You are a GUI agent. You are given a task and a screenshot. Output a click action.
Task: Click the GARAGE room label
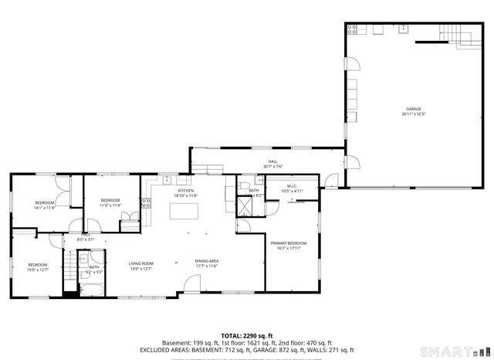(x=414, y=109)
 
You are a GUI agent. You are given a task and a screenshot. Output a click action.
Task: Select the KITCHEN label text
(x=186, y=191)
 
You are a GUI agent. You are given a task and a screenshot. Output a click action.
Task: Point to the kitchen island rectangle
(x=184, y=211)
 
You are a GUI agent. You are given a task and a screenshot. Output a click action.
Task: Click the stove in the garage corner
(x=353, y=30)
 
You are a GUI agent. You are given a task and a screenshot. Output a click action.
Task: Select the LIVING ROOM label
(x=140, y=263)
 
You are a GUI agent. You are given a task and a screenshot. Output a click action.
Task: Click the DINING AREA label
(x=206, y=261)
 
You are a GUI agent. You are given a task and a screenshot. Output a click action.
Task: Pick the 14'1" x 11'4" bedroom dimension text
(x=44, y=207)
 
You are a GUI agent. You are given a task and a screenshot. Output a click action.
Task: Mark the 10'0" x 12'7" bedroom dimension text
(x=38, y=270)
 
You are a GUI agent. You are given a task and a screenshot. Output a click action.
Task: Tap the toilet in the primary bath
(x=244, y=185)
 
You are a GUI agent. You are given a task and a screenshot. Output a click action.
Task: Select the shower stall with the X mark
(x=244, y=206)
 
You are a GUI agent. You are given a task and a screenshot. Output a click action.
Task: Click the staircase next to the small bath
(x=69, y=271)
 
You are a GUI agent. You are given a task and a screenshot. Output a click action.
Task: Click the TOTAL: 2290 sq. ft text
(x=246, y=336)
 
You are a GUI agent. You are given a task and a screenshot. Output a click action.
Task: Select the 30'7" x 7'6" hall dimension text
(x=272, y=165)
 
